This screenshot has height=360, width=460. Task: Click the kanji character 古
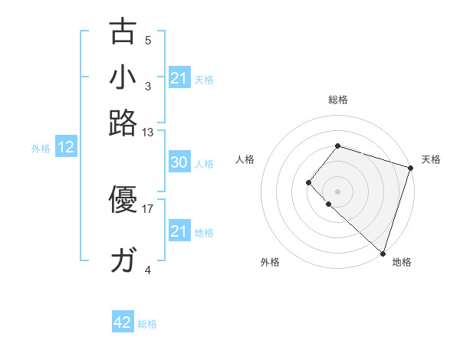(x=123, y=34)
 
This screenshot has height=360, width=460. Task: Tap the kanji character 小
(x=123, y=79)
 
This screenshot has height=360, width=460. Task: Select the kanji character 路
(x=123, y=123)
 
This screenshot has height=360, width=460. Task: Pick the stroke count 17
(x=148, y=208)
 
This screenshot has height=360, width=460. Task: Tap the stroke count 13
(x=148, y=132)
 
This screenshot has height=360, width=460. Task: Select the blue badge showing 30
(x=179, y=162)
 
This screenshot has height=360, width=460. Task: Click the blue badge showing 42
(x=123, y=322)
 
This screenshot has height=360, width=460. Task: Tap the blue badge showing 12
(x=66, y=148)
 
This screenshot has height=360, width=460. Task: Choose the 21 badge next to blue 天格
(x=179, y=78)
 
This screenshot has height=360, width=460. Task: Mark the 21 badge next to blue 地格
(x=179, y=231)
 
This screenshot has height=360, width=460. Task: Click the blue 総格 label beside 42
(x=147, y=324)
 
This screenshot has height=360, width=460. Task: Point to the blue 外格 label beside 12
(x=41, y=149)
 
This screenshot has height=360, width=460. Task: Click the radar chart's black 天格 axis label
(x=431, y=159)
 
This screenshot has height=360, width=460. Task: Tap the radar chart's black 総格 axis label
(x=337, y=100)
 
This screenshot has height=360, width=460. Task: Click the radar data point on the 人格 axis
(x=308, y=182)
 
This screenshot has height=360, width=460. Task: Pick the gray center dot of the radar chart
(x=337, y=191)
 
